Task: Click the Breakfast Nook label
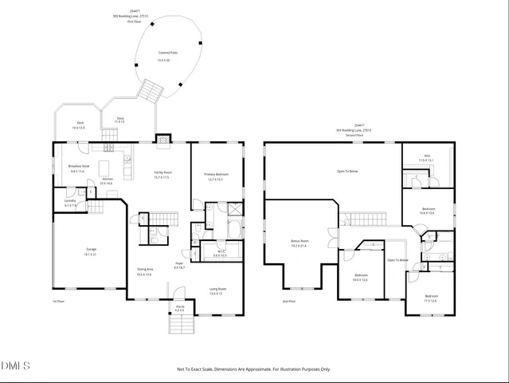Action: tap(77, 167)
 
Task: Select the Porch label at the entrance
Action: tap(180, 306)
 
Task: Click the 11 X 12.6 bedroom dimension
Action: tap(430, 301)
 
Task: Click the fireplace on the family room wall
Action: tap(163, 140)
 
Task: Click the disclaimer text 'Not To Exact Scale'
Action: tap(253, 369)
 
